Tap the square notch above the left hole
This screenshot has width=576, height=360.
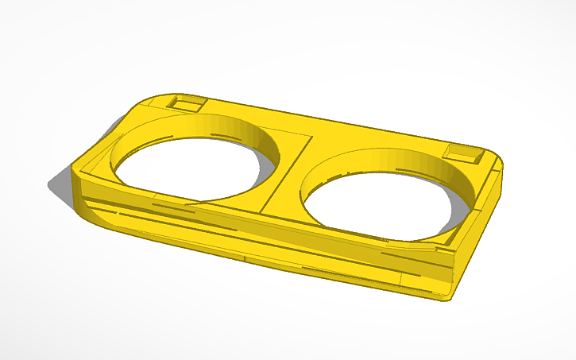pos(187,104)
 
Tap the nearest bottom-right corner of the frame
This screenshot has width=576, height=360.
pos(445,299)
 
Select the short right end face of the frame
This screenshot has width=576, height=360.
pos(477,238)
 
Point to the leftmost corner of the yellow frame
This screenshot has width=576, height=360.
pos(74,169)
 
